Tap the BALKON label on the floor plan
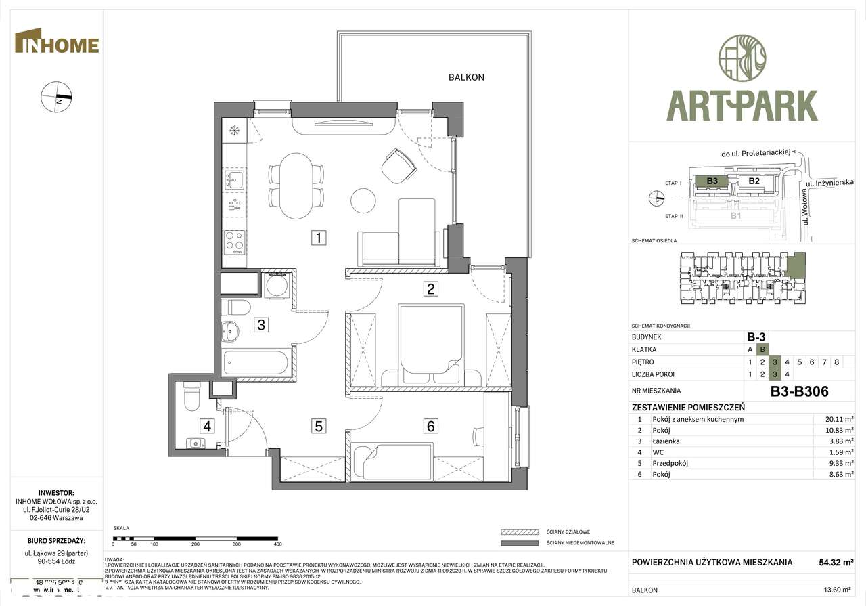[466, 77]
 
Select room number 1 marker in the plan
[319, 238]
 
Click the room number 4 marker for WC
[207, 426]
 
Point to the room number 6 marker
[430, 426]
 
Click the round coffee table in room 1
[364, 200]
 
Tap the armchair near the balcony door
[399, 165]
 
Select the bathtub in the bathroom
[258, 364]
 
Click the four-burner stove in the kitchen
[235, 241]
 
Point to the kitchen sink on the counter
[235, 179]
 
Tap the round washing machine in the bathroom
[277, 286]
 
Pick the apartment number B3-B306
[799, 391]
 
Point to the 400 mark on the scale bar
[277, 544]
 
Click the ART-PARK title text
[742, 106]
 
